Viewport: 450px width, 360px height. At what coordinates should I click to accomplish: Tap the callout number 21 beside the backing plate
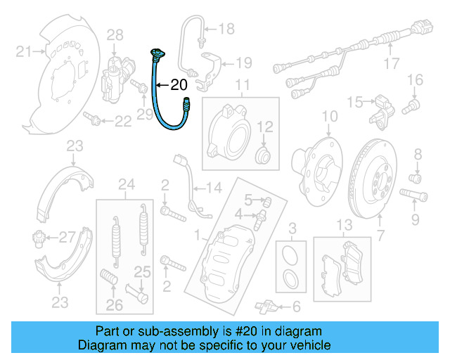pyautogui.click(x=25, y=51)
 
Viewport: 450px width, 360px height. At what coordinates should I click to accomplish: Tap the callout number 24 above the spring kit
pyautogui.click(x=126, y=185)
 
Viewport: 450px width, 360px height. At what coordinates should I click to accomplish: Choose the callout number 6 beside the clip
pyautogui.click(x=295, y=306)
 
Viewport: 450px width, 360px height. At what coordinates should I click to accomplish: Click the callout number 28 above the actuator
pyautogui.click(x=115, y=34)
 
